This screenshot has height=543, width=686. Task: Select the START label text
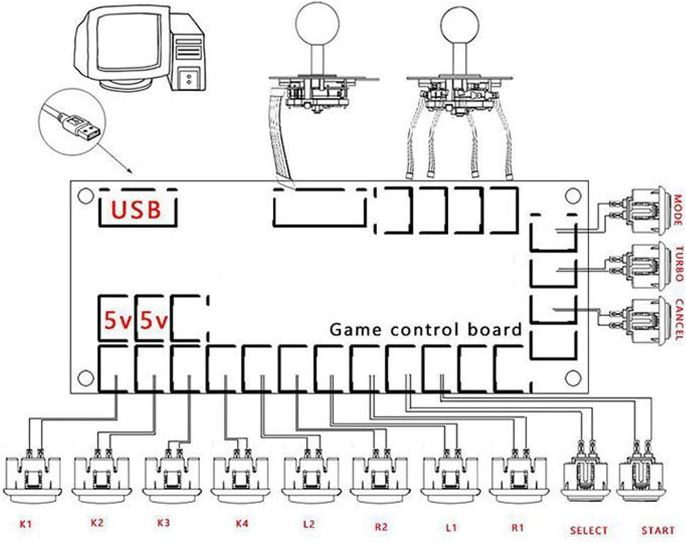pos(657,530)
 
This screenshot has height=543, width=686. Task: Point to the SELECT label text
pos(588,530)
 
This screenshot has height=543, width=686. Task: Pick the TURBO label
pos(679,264)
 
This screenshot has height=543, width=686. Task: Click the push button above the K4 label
pos(242,478)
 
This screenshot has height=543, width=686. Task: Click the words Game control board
pos(425,329)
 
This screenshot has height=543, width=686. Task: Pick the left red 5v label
pos(117,321)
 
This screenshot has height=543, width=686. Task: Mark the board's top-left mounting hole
pos(86,195)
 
